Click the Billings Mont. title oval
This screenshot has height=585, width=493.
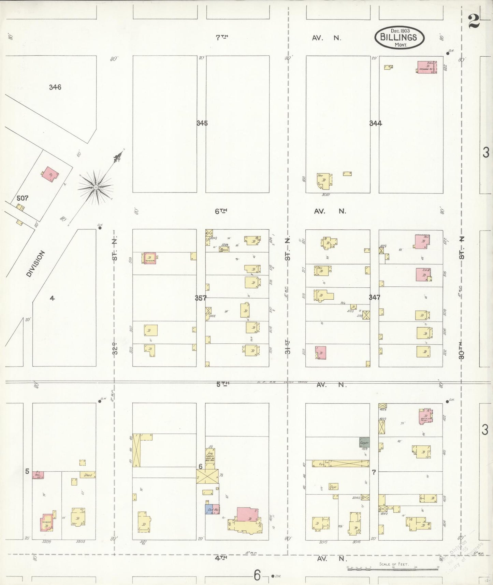399,37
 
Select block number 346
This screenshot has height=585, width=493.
55,87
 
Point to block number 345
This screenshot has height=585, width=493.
202,123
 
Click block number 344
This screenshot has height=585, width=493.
375,123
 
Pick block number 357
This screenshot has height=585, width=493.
201,298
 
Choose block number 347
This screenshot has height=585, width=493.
374,297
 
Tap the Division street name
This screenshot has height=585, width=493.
36,263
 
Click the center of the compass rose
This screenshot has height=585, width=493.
96,187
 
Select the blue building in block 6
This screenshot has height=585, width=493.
209,509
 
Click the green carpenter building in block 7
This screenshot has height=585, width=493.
364,442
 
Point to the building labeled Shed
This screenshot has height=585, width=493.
88,475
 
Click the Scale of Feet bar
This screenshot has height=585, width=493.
392,569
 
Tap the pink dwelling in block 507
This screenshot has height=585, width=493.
50,174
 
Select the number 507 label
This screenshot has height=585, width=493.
23,198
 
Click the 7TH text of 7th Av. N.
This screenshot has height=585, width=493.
222,38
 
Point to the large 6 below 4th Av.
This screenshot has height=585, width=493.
257,576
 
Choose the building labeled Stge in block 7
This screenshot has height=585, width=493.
333,487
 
